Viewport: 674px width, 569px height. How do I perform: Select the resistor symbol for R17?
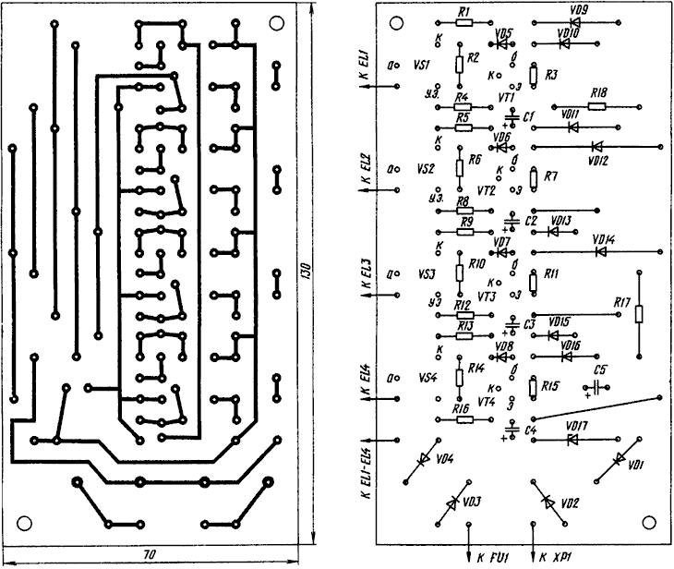639,314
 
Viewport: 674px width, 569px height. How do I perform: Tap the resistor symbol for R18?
597,105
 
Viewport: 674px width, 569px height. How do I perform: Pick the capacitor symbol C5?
600,386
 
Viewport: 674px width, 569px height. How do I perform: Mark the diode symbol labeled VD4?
424,459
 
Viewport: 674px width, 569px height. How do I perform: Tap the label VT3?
487,297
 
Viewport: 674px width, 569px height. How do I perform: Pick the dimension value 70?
149,555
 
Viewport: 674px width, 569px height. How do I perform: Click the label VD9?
580,9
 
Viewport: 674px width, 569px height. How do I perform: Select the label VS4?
427,378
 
